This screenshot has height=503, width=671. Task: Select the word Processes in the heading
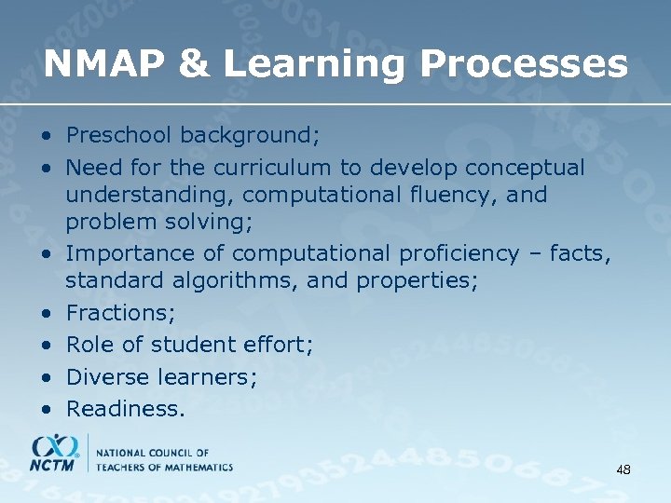525,64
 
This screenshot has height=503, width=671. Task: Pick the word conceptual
525,168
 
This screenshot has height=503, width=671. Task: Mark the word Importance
123,253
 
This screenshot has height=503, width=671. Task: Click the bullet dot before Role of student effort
46,346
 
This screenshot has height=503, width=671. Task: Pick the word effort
275,345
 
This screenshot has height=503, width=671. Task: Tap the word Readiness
125,408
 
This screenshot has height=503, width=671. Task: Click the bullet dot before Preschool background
46,137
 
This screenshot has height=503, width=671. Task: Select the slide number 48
623,470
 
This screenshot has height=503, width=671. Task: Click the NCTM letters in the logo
53,464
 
